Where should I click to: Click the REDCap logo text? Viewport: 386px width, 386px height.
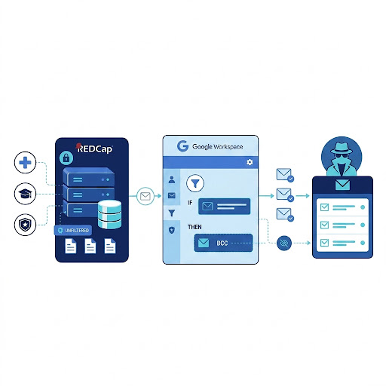(x=94, y=149)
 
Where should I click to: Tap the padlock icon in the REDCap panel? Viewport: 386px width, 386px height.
(x=66, y=158)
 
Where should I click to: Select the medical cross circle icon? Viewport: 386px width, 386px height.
(x=25, y=163)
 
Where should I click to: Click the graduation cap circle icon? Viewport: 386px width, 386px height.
(x=25, y=194)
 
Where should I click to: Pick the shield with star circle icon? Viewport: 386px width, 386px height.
(x=25, y=225)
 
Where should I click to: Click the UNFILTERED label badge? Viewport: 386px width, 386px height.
(x=73, y=231)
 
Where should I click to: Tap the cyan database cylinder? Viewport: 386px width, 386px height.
(x=109, y=214)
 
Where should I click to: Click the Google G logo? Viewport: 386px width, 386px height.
(x=182, y=146)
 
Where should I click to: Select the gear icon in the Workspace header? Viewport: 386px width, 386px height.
(x=250, y=162)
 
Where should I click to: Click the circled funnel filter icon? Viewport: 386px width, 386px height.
(x=195, y=183)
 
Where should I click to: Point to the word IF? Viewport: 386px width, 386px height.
(x=190, y=203)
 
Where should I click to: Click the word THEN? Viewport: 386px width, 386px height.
(x=195, y=227)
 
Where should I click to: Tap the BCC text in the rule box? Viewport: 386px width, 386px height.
(x=222, y=243)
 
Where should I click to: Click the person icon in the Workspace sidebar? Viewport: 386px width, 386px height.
(x=172, y=179)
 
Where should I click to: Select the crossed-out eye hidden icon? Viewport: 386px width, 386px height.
(x=284, y=243)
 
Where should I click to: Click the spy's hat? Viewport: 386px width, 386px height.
(x=342, y=148)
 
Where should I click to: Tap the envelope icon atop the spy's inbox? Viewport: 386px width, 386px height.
(x=342, y=185)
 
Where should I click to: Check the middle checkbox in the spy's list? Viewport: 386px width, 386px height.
(x=324, y=225)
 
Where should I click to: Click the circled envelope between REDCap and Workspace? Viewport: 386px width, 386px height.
(x=146, y=196)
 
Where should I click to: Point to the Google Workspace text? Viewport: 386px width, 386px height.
(x=218, y=146)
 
